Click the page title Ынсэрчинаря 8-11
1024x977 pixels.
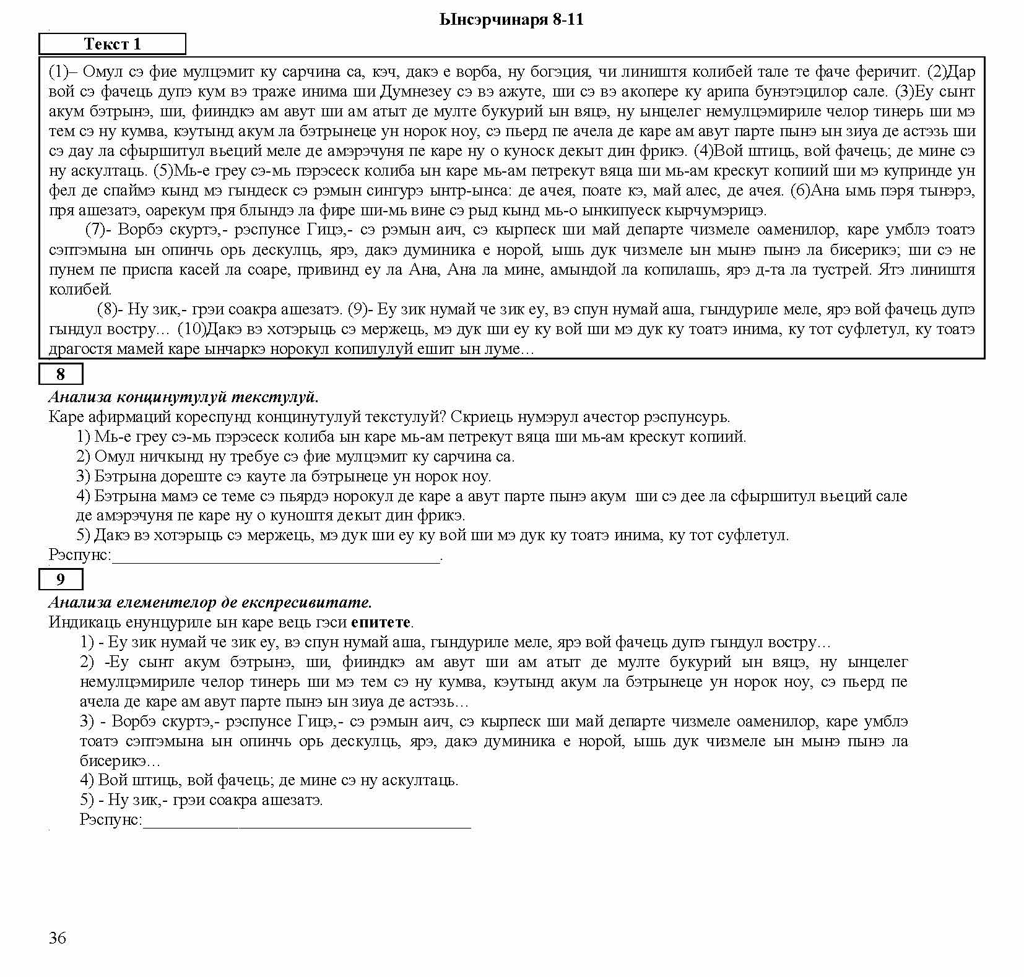coord(511,20)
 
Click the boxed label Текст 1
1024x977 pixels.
coord(112,44)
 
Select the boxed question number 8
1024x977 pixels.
coord(60,374)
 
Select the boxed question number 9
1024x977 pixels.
coord(60,579)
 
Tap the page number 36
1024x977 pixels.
coord(57,938)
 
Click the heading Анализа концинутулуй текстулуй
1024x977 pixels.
coord(183,397)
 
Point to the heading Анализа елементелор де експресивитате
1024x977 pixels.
coord(210,602)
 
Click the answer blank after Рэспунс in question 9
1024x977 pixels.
coord(306,821)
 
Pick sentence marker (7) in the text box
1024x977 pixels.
coord(97,230)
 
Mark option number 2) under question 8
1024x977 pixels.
coord(84,457)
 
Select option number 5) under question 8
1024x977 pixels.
coord(84,535)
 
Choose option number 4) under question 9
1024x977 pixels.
coord(87,780)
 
